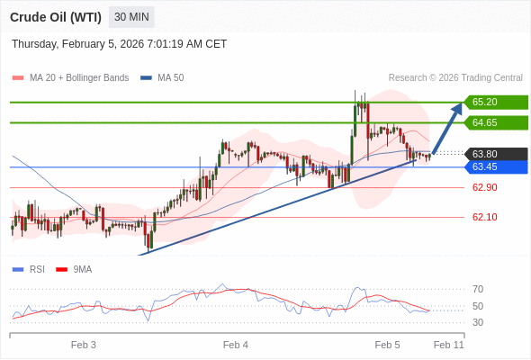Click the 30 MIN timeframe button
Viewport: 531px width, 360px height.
click(131, 17)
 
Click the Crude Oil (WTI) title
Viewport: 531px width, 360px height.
click(56, 17)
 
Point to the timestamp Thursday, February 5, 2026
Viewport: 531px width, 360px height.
click(119, 43)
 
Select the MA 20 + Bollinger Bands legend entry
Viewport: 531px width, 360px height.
click(78, 77)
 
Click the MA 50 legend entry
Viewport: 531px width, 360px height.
click(170, 77)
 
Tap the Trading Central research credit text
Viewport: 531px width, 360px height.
click(455, 77)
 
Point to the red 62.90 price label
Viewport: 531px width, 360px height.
click(484, 187)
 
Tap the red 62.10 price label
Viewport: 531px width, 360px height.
click(484, 217)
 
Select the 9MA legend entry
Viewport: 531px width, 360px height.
click(82, 269)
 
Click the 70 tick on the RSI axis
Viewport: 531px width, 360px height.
click(478, 289)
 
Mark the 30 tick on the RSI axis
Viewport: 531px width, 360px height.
click(478, 322)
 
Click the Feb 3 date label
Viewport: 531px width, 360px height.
click(84, 345)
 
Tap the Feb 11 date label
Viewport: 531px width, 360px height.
click(448, 345)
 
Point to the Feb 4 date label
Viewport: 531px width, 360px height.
click(236, 345)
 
